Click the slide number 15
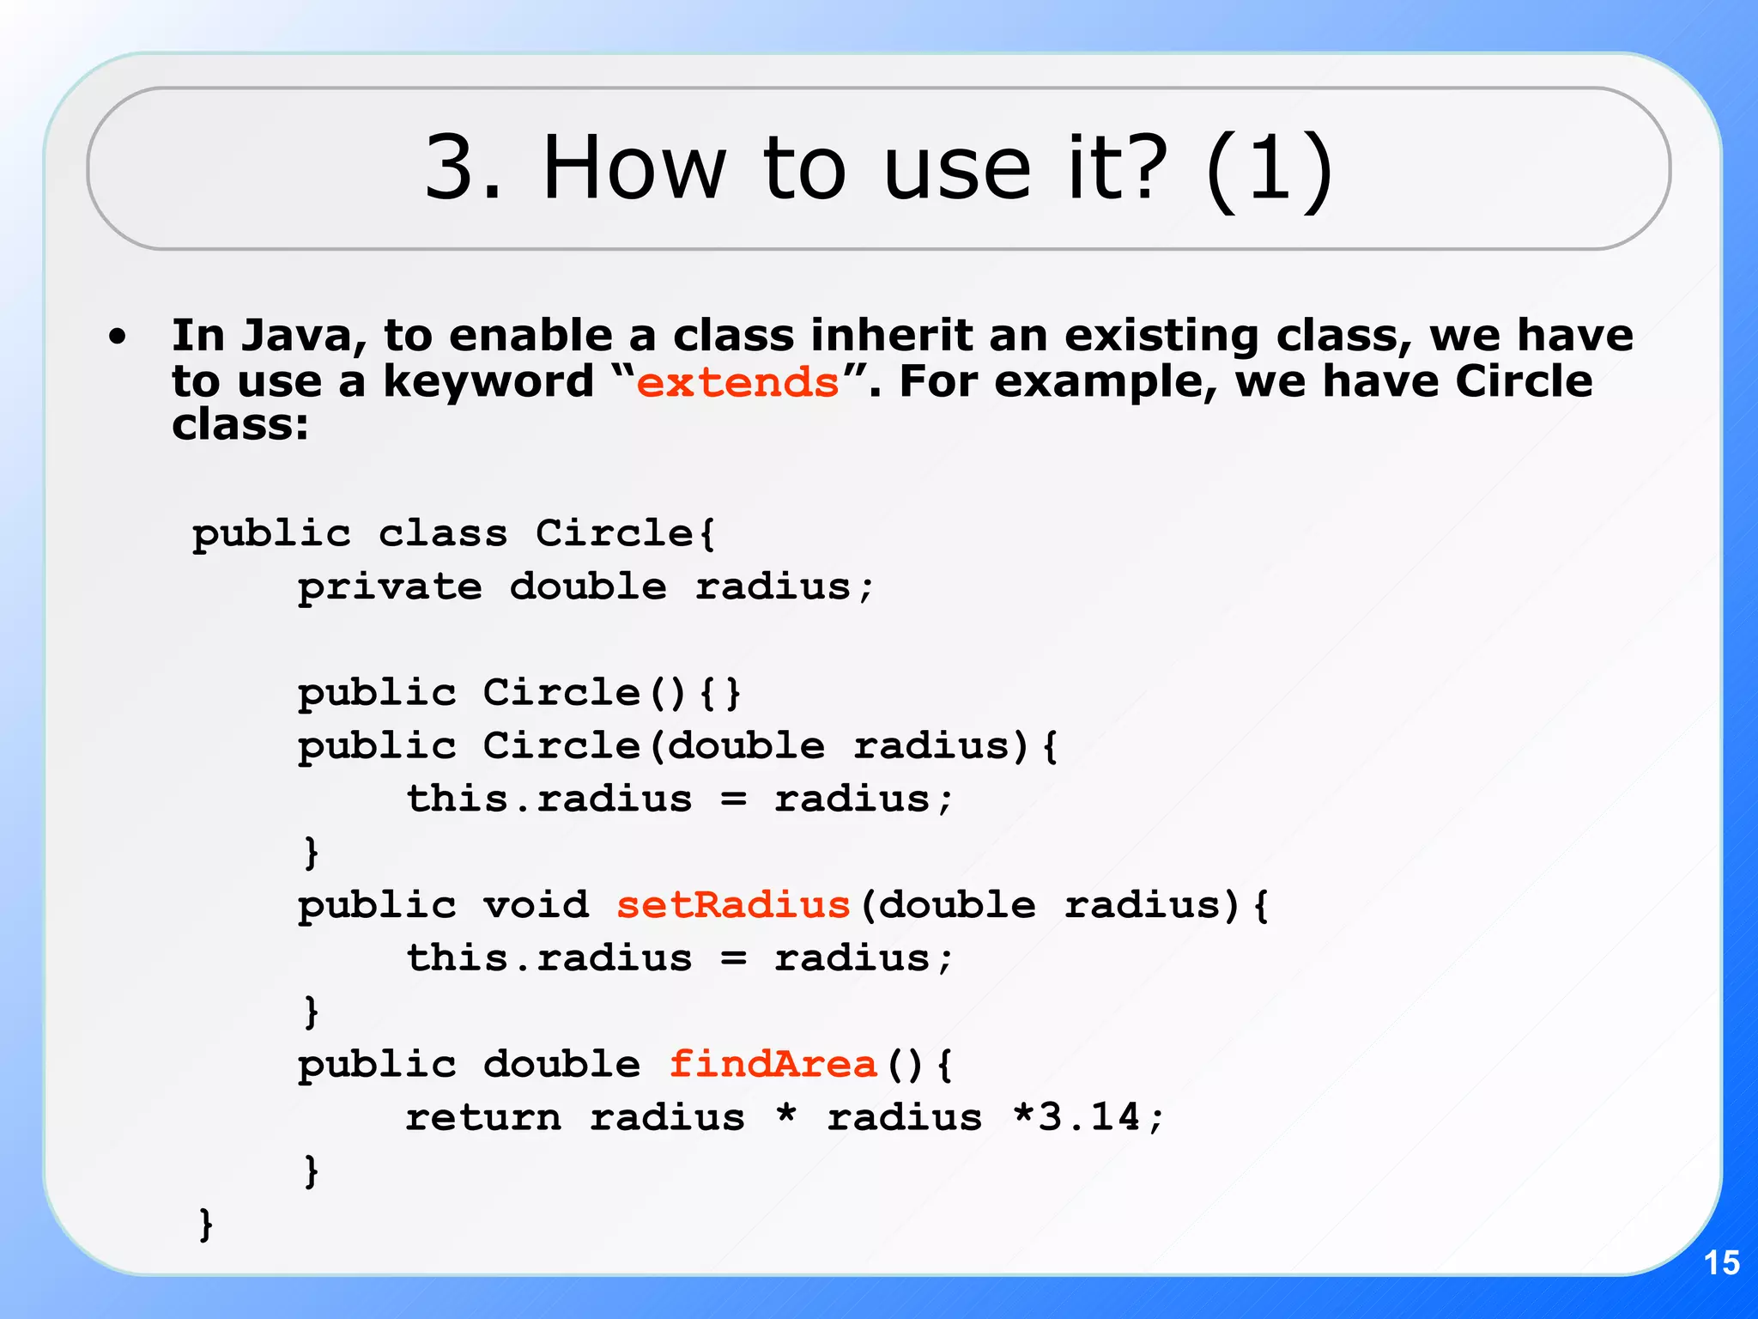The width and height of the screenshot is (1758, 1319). click(x=1721, y=1263)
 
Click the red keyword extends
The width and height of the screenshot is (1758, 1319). click(x=737, y=382)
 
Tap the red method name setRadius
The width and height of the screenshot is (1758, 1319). click(x=733, y=905)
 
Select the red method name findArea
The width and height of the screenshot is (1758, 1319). click(x=773, y=1065)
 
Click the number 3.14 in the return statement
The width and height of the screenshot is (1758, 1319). click(x=1088, y=1117)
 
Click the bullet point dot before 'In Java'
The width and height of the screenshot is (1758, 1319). click(x=118, y=337)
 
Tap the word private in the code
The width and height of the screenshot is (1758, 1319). click(x=390, y=587)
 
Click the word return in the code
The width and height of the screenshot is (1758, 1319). click(x=483, y=1117)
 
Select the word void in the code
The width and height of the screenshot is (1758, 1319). click(x=536, y=905)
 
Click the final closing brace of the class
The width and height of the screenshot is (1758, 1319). click(x=206, y=1224)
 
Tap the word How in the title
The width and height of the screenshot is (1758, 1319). click(x=634, y=168)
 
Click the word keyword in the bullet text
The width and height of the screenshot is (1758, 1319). click(x=488, y=382)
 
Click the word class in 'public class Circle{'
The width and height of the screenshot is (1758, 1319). click(x=443, y=534)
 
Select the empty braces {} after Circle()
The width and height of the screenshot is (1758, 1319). click(x=720, y=693)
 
